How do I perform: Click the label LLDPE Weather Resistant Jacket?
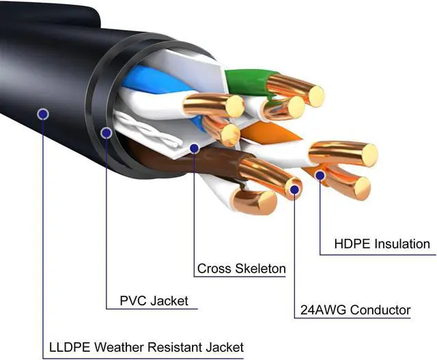146,346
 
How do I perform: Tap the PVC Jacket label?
144,301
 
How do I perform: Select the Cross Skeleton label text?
241,268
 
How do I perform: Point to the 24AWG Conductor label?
355,309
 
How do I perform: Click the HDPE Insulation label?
382,244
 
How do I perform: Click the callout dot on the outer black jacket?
43,113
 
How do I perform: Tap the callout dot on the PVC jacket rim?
106,133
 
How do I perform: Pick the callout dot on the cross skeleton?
195,147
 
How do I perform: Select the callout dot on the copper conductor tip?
294,186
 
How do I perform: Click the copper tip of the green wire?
315,94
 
